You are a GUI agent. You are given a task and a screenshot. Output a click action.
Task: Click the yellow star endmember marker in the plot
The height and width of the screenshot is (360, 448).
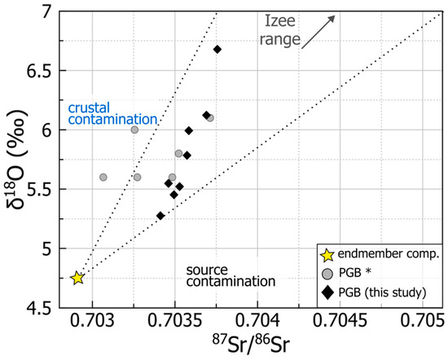pos(77,278)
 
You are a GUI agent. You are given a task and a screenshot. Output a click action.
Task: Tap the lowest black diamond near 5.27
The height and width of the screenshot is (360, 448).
pos(160,216)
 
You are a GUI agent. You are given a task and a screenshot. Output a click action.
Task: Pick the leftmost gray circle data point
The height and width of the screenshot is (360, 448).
pos(103,177)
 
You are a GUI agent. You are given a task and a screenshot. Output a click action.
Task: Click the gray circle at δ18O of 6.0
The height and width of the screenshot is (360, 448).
pos(134,130)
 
